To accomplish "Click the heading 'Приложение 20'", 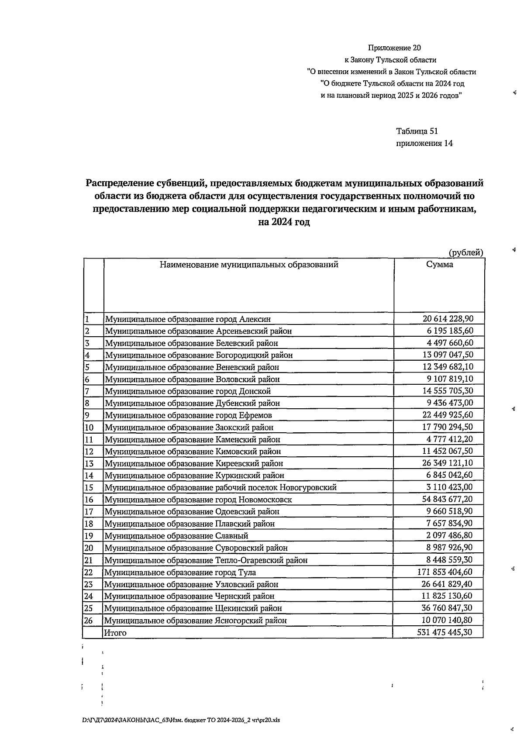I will click(x=394, y=48).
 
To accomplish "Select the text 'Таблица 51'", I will click(x=417, y=131).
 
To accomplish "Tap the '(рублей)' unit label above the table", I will click(x=465, y=252).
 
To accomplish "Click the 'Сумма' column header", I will click(x=439, y=264).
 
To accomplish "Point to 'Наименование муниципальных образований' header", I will click(x=248, y=264).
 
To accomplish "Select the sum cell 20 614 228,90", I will click(x=448, y=319).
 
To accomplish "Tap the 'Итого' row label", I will click(x=115, y=632).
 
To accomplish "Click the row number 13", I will click(x=89, y=463).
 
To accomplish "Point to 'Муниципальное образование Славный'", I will click(x=176, y=536).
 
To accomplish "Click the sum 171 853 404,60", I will click(x=445, y=572).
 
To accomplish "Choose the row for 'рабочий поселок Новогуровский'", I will click(x=221, y=487).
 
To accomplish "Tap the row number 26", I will click(x=89, y=620).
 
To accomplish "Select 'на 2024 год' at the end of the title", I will click(x=284, y=222).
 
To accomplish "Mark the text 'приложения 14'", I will click(x=424, y=143).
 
